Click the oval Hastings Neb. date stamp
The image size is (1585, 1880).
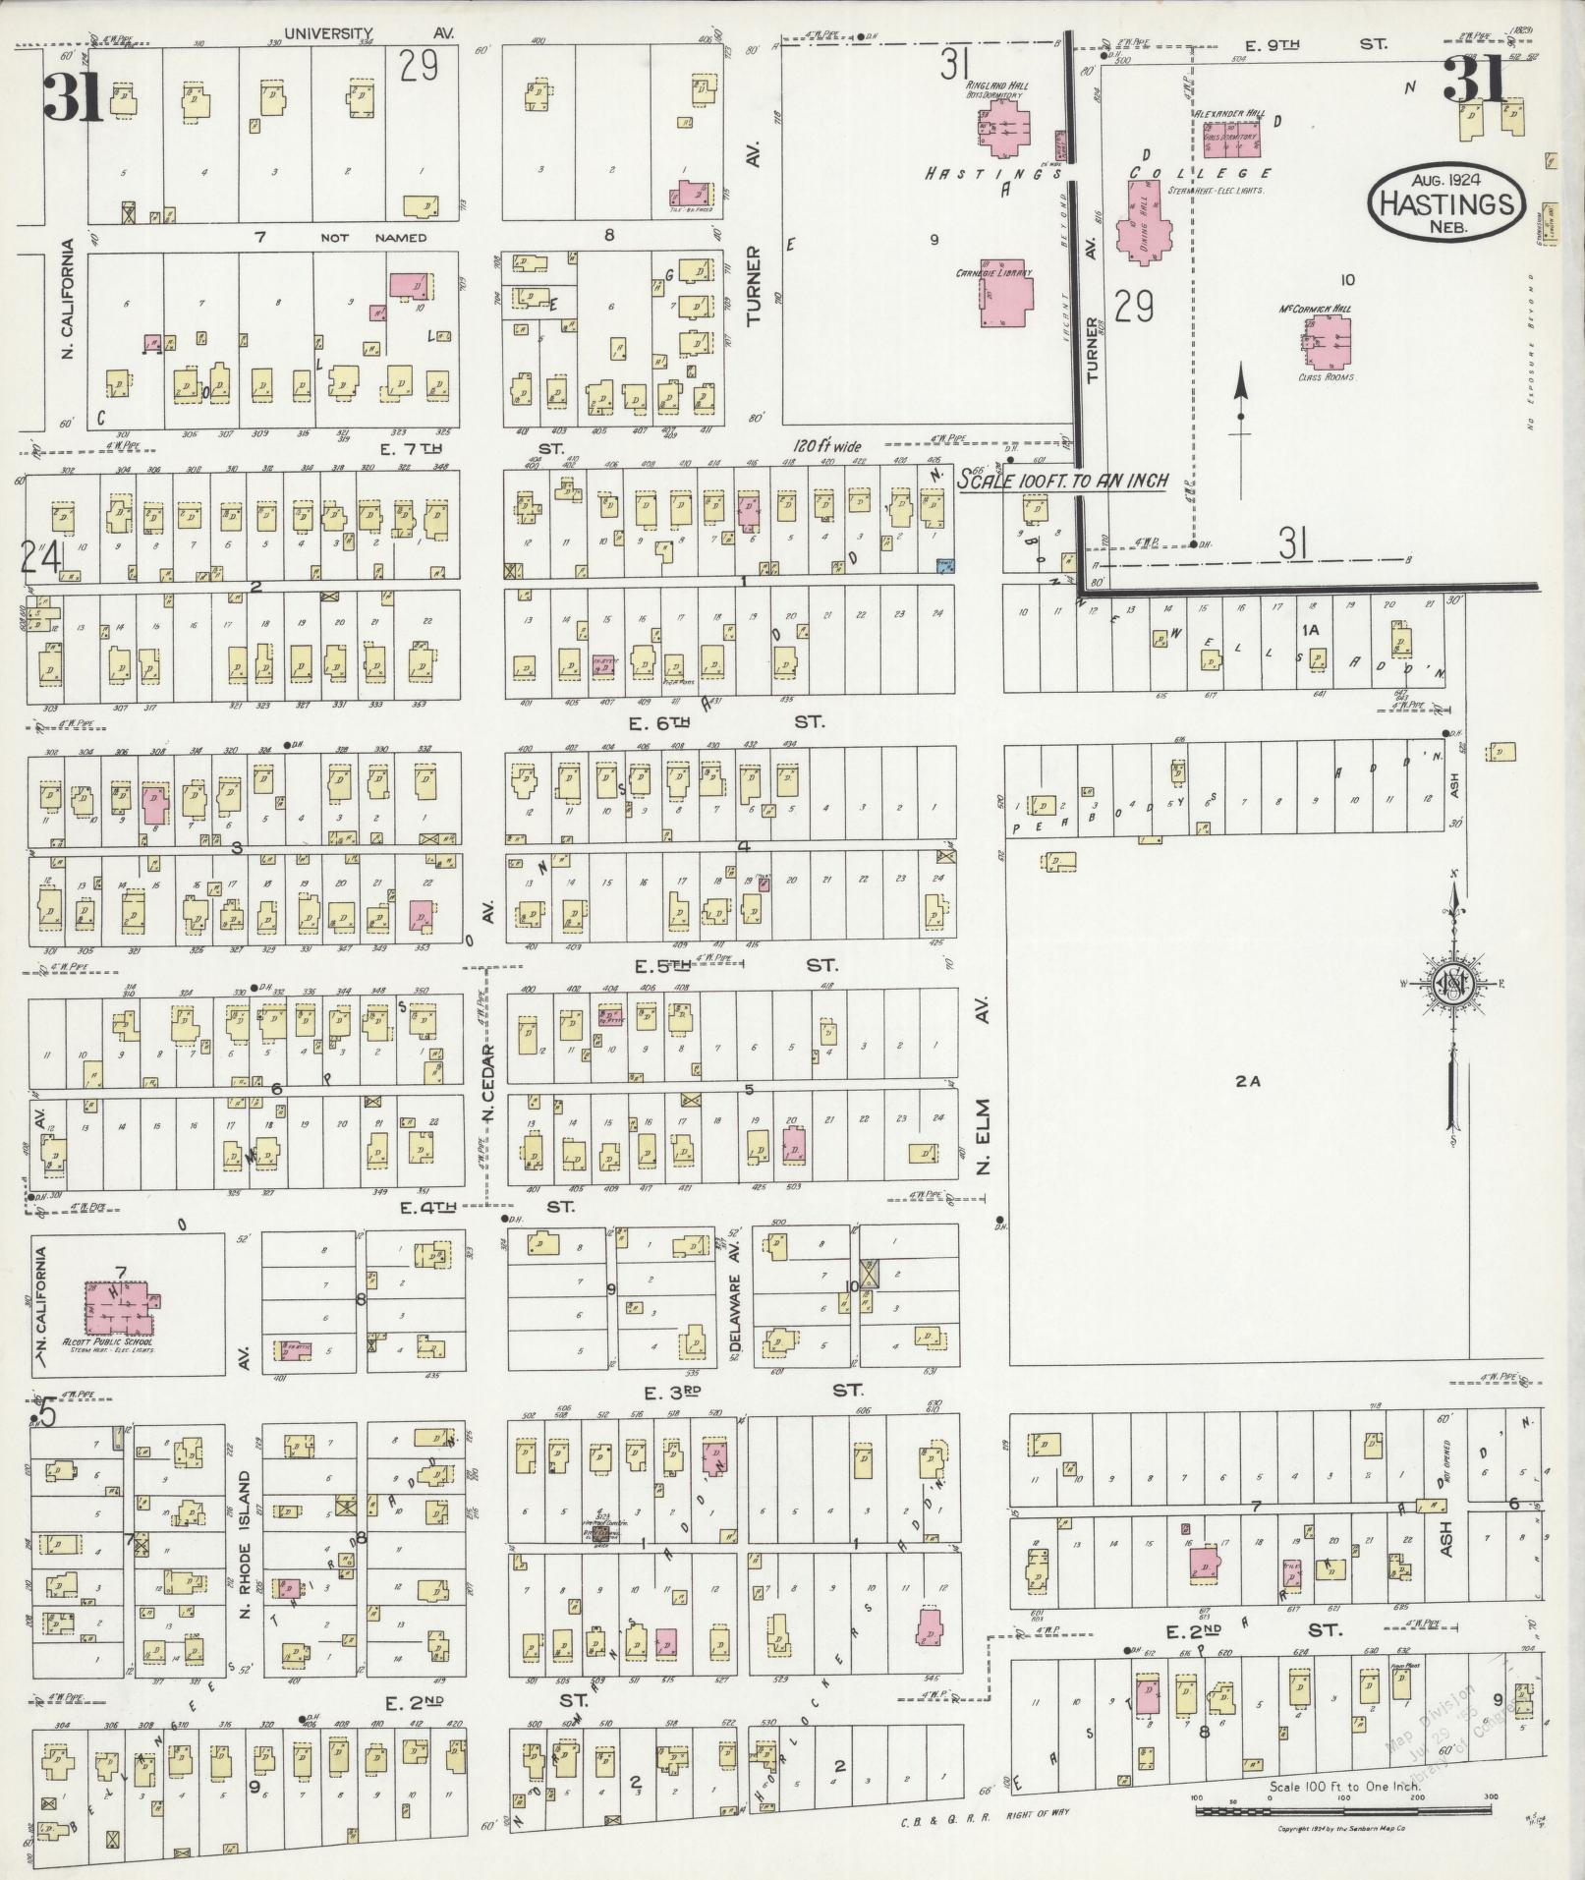coord(1446,199)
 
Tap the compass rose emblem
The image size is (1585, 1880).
coord(1451,986)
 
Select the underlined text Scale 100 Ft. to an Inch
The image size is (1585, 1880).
coord(1064,482)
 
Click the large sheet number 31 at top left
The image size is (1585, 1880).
coord(71,96)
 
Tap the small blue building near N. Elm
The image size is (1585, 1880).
coord(946,566)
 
